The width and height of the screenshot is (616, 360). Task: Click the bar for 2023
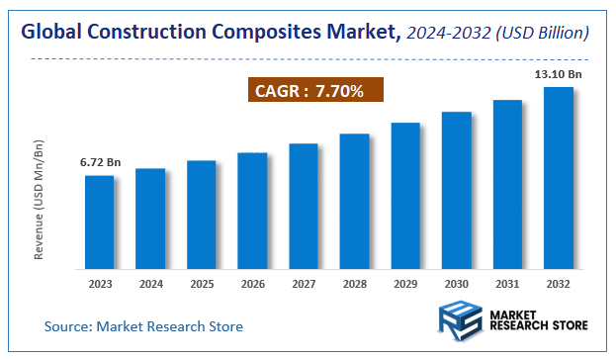[x=99, y=222]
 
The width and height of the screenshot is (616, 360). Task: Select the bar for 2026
[x=252, y=210]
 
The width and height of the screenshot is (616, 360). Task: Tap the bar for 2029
[x=405, y=195]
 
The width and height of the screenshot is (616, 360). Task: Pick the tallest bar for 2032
[x=559, y=177]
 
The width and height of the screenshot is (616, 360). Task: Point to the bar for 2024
[x=150, y=218]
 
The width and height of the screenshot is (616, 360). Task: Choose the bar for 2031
[x=507, y=183]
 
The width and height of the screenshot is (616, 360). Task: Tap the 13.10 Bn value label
[x=559, y=73]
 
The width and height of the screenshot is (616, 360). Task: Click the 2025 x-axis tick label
[x=201, y=284]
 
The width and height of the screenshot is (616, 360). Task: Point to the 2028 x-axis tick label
[x=354, y=284]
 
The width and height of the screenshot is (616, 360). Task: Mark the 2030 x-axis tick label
[x=456, y=284]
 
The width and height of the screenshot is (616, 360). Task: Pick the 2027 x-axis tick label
[x=303, y=284]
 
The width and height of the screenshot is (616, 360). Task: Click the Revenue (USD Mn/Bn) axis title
[x=41, y=199]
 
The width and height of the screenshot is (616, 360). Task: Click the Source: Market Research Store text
[x=143, y=326]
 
